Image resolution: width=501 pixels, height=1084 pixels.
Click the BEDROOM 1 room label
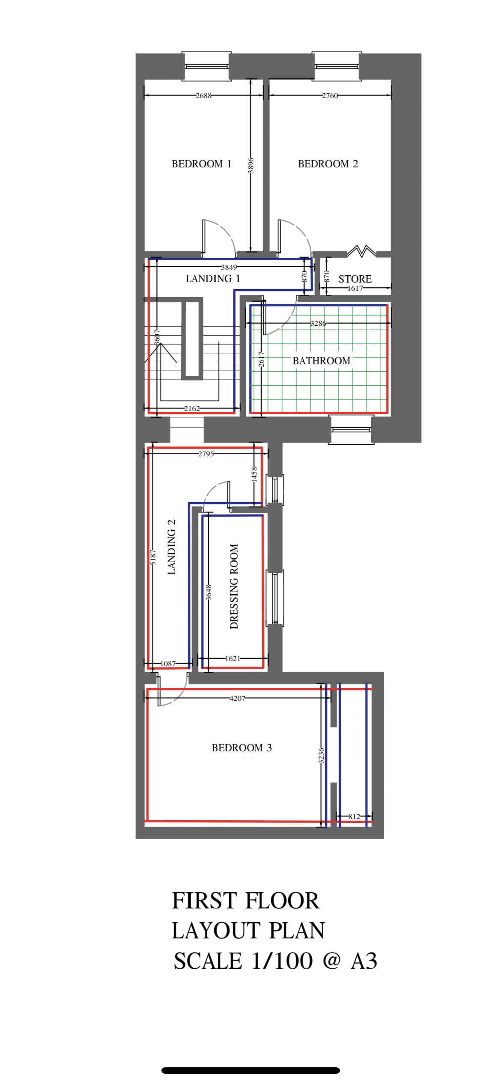(x=201, y=164)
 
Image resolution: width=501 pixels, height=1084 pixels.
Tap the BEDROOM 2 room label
(x=328, y=164)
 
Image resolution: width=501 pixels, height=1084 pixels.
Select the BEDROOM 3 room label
(x=242, y=747)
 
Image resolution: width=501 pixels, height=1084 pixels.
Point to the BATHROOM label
(x=321, y=361)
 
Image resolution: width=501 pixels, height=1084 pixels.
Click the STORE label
(x=355, y=279)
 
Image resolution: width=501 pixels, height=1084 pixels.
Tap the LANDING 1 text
(x=213, y=279)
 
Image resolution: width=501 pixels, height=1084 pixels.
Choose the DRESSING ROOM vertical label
(x=234, y=586)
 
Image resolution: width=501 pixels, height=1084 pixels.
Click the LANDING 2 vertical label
(x=171, y=547)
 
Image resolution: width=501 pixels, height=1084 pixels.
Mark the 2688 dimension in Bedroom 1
(x=203, y=95)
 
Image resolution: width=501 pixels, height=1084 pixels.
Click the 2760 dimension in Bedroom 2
(x=330, y=95)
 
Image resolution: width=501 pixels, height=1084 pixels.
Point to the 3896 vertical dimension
(x=251, y=166)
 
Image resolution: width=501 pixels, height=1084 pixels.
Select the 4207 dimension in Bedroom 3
(x=237, y=698)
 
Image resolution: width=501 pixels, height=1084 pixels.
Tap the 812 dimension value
(x=354, y=816)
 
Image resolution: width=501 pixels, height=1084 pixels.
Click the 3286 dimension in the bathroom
(x=318, y=323)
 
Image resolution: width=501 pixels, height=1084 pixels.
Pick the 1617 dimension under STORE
(x=355, y=288)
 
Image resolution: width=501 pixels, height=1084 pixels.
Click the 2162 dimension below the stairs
(x=192, y=408)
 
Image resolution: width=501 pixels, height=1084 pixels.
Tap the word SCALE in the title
(x=207, y=961)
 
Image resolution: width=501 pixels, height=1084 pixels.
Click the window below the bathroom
(x=351, y=429)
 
